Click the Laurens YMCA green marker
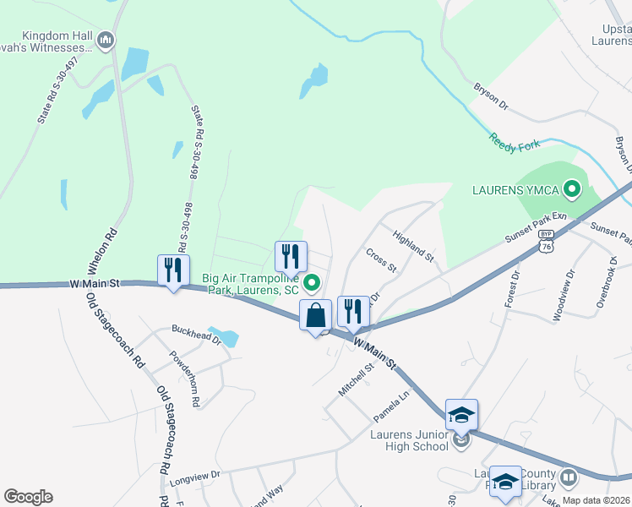(571, 189)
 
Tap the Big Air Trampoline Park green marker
(312, 283)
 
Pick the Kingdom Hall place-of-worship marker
(106, 40)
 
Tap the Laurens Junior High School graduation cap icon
(461, 415)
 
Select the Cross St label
(381, 260)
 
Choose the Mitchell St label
(356, 379)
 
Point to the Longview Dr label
(194, 476)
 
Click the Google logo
(28, 497)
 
